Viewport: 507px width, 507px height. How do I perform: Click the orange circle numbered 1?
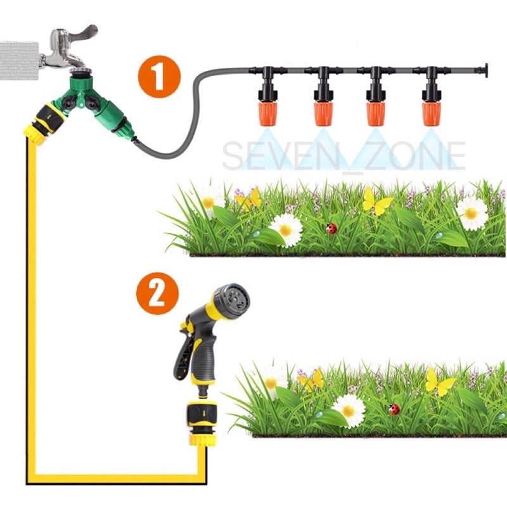click(x=160, y=77)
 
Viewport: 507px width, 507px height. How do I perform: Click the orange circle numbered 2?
click(x=157, y=293)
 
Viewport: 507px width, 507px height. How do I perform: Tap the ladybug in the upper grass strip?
click(x=331, y=229)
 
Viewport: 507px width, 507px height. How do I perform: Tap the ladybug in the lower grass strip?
click(x=394, y=409)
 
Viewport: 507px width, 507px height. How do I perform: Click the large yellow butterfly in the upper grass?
click(x=377, y=201)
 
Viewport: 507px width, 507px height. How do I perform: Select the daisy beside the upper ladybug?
click(x=286, y=229)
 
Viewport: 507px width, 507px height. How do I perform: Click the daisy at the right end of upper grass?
click(x=472, y=214)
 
